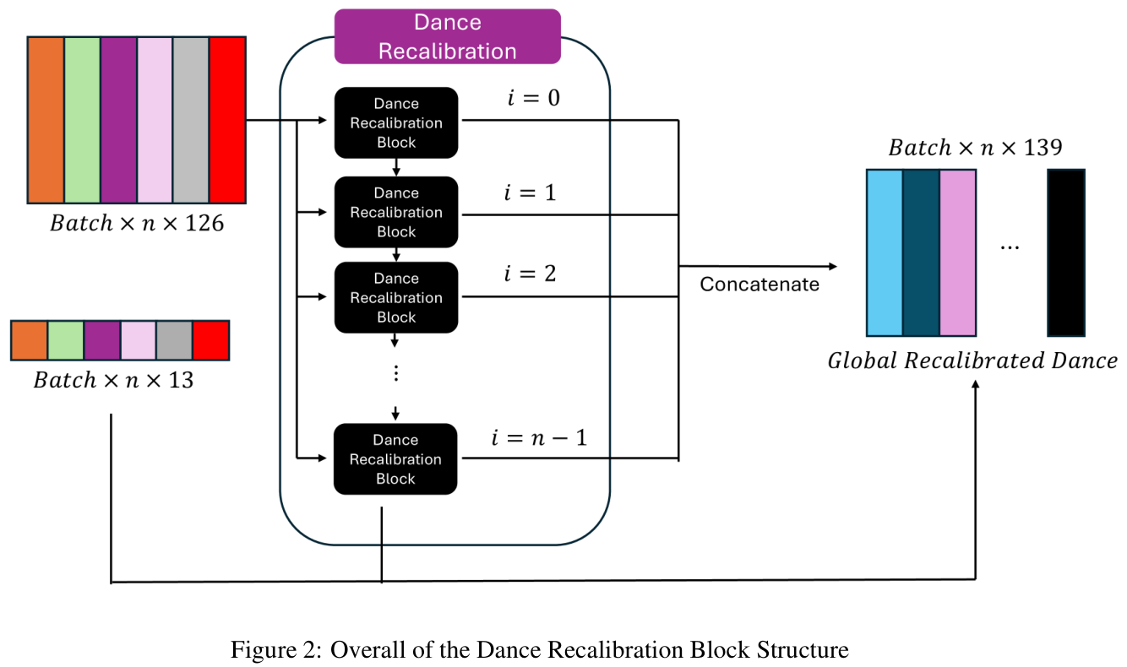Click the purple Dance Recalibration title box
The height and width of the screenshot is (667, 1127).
447,36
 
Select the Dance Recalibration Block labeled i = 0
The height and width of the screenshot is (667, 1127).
395,122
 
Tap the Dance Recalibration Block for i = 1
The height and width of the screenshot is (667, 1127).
395,212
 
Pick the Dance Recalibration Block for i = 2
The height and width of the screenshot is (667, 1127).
395,297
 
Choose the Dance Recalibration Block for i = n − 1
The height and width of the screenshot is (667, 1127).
395,458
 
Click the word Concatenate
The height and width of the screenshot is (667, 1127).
759,284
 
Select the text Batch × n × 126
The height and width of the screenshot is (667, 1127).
137,224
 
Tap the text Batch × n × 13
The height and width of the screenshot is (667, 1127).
113,380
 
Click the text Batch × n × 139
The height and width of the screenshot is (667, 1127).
975,148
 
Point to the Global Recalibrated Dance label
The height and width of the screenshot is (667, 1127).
972,361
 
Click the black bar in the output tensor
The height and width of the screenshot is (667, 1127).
1065,252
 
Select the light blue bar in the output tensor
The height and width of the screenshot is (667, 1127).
884,252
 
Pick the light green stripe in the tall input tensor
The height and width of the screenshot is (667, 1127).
82,119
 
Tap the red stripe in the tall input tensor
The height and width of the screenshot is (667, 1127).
227,119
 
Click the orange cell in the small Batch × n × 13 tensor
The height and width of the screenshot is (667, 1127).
29,340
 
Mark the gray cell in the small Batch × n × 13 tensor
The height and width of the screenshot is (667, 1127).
174,340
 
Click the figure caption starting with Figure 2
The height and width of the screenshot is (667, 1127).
539,649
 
